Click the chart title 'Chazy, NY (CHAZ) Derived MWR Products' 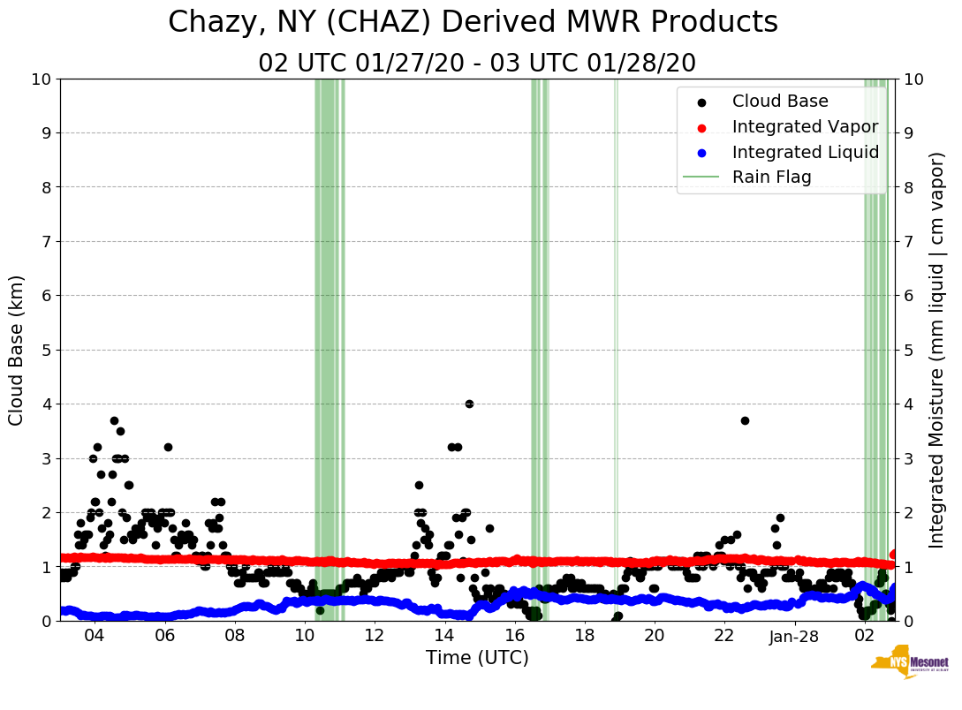[x=473, y=22]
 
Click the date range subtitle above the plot [x=477, y=64]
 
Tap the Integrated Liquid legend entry [x=805, y=152]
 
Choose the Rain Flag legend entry [x=771, y=177]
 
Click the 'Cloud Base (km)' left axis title [x=16, y=350]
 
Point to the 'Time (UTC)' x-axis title [x=477, y=658]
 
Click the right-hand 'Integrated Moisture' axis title [x=938, y=350]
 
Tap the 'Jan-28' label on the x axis [x=794, y=636]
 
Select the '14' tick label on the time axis [x=443, y=636]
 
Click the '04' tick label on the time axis [x=95, y=636]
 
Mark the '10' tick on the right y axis [x=914, y=79]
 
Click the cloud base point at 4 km [x=469, y=404]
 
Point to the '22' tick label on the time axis [x=724, y=636]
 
